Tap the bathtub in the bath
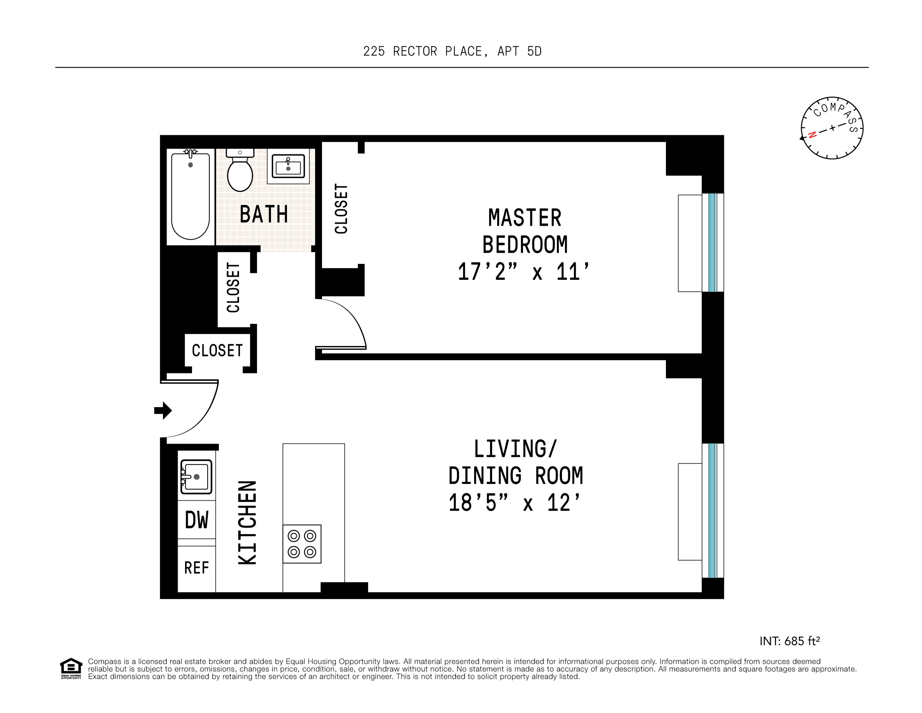point(190,197)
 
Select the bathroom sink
point(288,166)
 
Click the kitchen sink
point(196,476)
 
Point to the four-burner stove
point(302,544)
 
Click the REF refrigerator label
point(196,568)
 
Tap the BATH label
point(264,214)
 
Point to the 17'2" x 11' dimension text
point(523,272)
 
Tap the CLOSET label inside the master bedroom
point(341,209)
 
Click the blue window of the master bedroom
point(713,242)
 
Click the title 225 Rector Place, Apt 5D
point(452,51)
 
